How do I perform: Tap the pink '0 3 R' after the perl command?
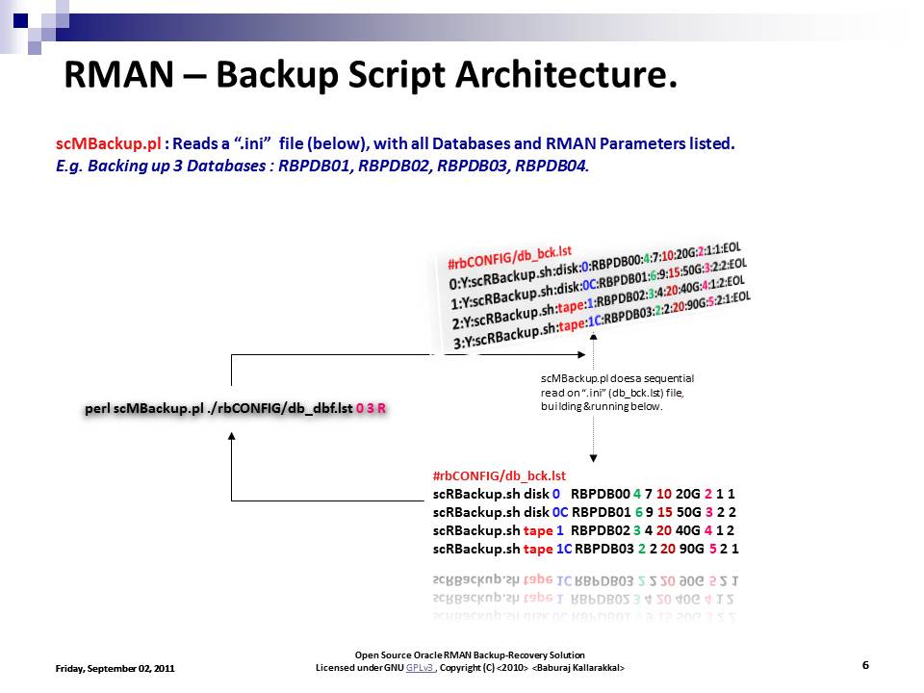[371, 408]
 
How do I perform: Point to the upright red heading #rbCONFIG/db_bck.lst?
[500, 475]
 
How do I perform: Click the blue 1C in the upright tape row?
[566, 549]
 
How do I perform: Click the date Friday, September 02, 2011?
[115, 667]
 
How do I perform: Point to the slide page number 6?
[865, 665]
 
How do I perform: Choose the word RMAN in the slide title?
[114, 75]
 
